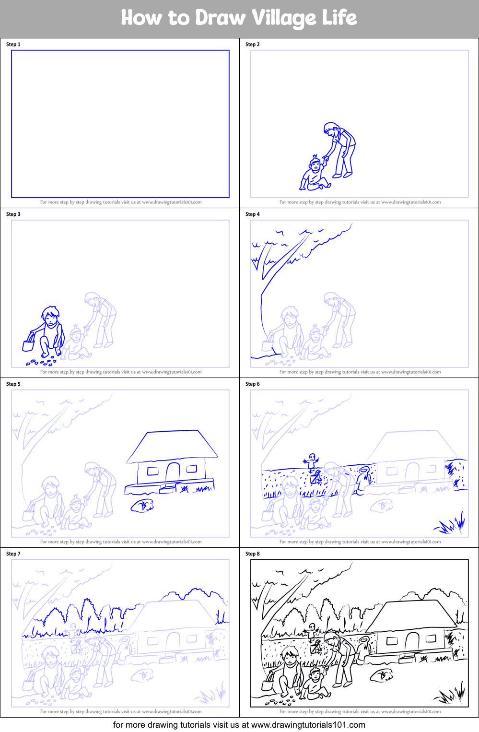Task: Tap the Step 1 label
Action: (13, 45)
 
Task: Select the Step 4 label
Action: (252, 214)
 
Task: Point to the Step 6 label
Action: (252, 384)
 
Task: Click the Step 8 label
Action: (252, 554)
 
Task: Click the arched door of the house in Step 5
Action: (173, 471)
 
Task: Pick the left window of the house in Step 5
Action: (153, 471)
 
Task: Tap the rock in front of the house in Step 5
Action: (142, 506)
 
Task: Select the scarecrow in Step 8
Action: (313, 631)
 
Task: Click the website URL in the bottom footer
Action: (308, 725)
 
